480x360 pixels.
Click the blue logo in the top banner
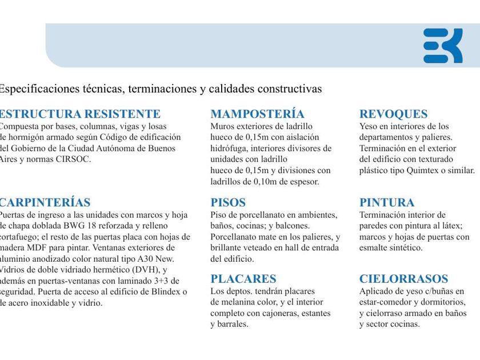pos(442,45)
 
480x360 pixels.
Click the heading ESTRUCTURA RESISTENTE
pos(79,114)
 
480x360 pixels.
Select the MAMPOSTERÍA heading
pos(257,114)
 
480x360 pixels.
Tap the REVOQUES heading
pos(393,114)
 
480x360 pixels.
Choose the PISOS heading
pos(228,202)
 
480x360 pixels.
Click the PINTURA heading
pos(387,202)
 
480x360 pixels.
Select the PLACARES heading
pos(243,279)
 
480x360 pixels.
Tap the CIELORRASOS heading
pos(403,279)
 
